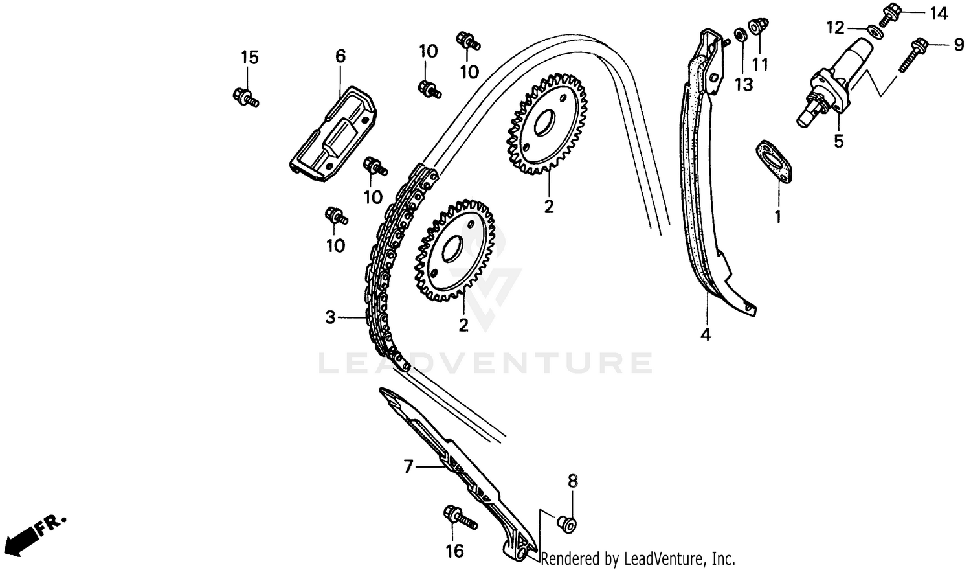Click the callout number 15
click(250, 58)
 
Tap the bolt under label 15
click(244, 97)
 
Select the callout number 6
click(340, 56)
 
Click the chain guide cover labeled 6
click(334, 133)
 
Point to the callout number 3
click(331, 317)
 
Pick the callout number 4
click(706, 335)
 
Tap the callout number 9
click(958, 44)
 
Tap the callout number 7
click(408, 466)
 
